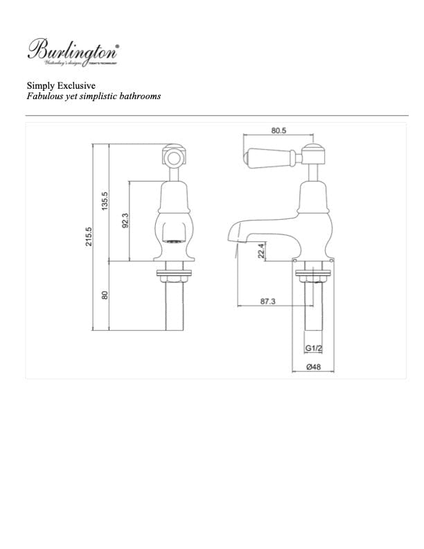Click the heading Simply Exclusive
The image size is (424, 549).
tap(61, 85)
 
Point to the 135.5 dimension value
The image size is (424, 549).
tap(105, 202)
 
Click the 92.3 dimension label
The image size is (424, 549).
tap(125, 221)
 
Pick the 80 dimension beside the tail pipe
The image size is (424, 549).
tap(105, 295)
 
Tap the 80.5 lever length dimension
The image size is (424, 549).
tap(280, 130)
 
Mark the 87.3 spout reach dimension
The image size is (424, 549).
tap(267, 302)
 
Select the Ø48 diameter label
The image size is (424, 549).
tap(314, 369)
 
